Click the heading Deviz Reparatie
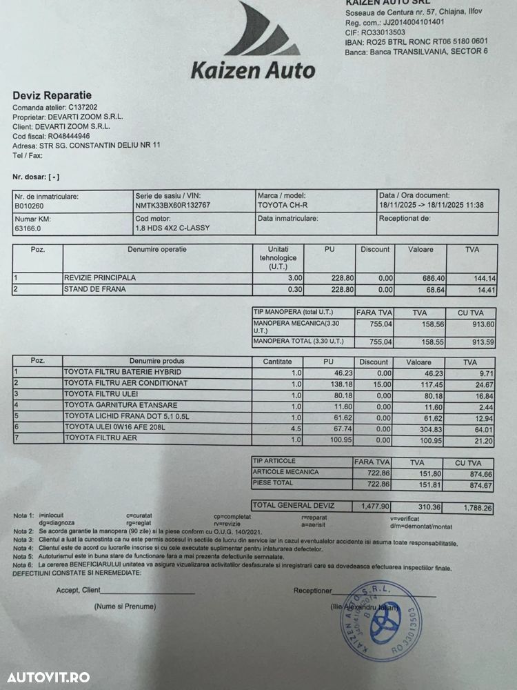[x=52, y=95]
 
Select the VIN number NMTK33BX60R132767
[x=172, y=205]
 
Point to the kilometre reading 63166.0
[x=28, y=228]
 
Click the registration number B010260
[x=28, y=205]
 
